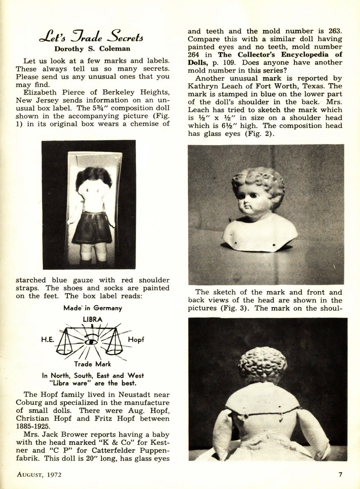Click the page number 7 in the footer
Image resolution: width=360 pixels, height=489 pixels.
pos(340,474)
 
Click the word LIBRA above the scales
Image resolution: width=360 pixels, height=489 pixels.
pos(93,319)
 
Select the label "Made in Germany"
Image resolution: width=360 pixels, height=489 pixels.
pos(93,308)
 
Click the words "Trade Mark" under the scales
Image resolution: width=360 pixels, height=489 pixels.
pos(92,364)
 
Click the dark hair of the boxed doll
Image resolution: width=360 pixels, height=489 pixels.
pos(93,176)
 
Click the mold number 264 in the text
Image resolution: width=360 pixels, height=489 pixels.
pos(195,54)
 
